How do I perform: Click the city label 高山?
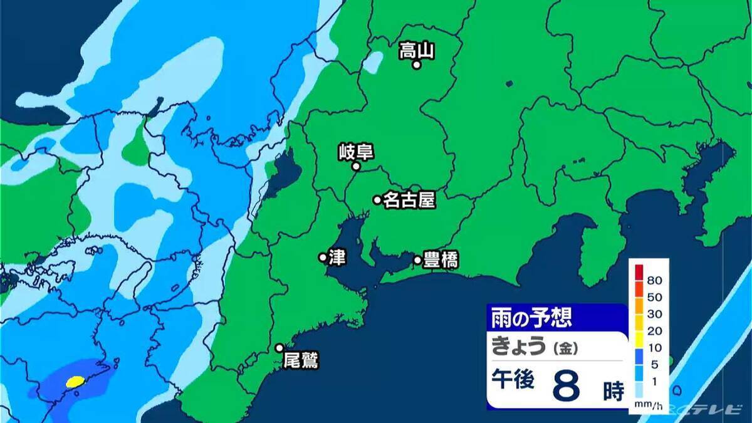coord(417,50)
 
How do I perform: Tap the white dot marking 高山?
coord(415,64)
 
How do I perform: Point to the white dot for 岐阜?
coord(356,166)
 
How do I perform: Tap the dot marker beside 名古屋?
coord(377,200)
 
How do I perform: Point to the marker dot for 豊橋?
coord(417,259)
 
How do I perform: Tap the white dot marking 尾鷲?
coord(280,348)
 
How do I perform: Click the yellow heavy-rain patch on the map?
coord(75,380)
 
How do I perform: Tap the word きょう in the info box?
coord(518,346)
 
